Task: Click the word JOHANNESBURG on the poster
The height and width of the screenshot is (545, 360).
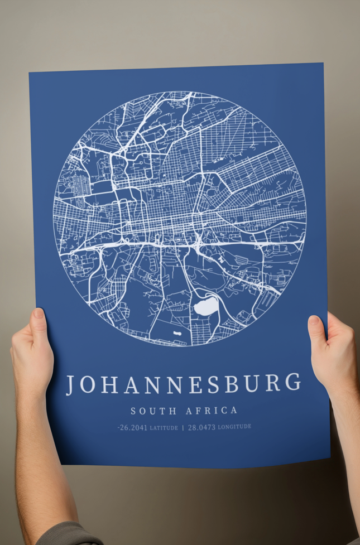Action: click(x=184, y=384)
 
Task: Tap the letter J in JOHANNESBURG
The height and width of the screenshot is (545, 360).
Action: click(x=71, y=385)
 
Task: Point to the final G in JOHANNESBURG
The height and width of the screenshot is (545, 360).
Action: click(x=294, y=383)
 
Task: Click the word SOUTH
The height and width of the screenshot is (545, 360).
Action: click(x=154, y=411)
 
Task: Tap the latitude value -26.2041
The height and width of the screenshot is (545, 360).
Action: click(x=132, y=428)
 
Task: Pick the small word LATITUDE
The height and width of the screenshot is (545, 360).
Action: click(x=164, y=428)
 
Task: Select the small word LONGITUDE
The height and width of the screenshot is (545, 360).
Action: click(x=234, y=427)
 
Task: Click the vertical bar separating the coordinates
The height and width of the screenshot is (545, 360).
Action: click(x=183, y=428)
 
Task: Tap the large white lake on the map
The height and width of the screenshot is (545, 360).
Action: click(x=206, y=306)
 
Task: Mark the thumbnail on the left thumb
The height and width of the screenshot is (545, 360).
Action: click(x=39, y=314)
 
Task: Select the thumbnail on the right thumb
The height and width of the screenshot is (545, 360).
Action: click(x=314, y=321)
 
